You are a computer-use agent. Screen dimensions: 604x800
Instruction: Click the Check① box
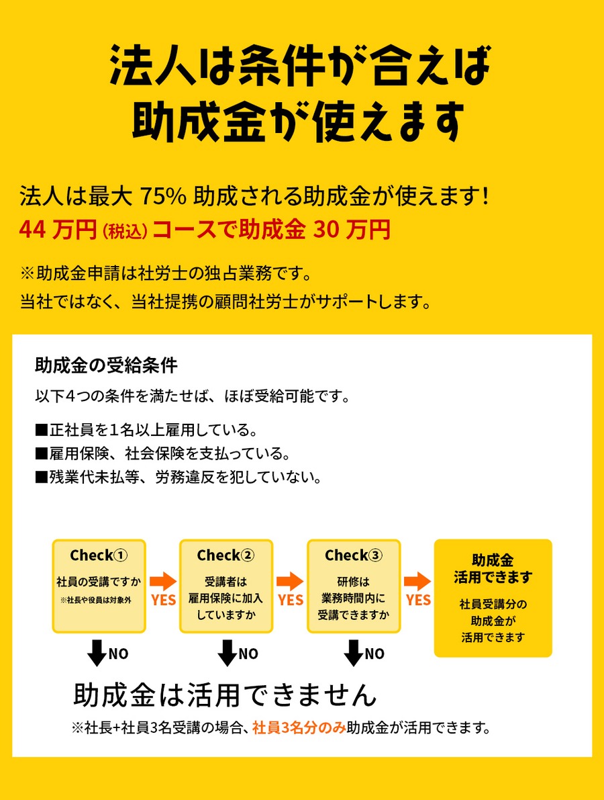[99, 586]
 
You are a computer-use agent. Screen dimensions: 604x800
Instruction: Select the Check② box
[226, 586]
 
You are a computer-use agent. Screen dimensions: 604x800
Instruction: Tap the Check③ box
[354, 586]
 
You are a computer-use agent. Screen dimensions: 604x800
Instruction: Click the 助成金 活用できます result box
[493, 598]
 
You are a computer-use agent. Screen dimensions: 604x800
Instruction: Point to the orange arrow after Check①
[163, 581]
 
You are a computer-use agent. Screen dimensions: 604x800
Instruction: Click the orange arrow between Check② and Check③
[290, 581]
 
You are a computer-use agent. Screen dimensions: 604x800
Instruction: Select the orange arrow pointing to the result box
[417, 581]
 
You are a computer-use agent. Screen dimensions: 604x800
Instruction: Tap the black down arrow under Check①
[97, 653]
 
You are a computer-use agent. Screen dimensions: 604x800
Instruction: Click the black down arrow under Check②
[227, 653]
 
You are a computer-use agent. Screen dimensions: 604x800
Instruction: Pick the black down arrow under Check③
[353, 653]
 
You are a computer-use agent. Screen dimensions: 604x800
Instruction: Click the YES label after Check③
[419, 600]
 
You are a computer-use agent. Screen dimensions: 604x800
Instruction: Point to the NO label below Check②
[248, 654]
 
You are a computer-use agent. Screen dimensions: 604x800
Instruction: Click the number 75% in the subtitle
[163, 196]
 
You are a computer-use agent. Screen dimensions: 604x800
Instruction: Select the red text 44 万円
[58, 230]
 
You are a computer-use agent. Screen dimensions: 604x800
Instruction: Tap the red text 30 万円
[352, 230]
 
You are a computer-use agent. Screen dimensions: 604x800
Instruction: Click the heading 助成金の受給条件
[107, 365]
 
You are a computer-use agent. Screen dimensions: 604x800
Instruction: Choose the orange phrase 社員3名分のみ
[299, 727]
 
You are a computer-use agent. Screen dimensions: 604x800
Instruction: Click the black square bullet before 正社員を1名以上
[42, 430]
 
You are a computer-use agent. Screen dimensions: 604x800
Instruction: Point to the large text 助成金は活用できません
[225, 695]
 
